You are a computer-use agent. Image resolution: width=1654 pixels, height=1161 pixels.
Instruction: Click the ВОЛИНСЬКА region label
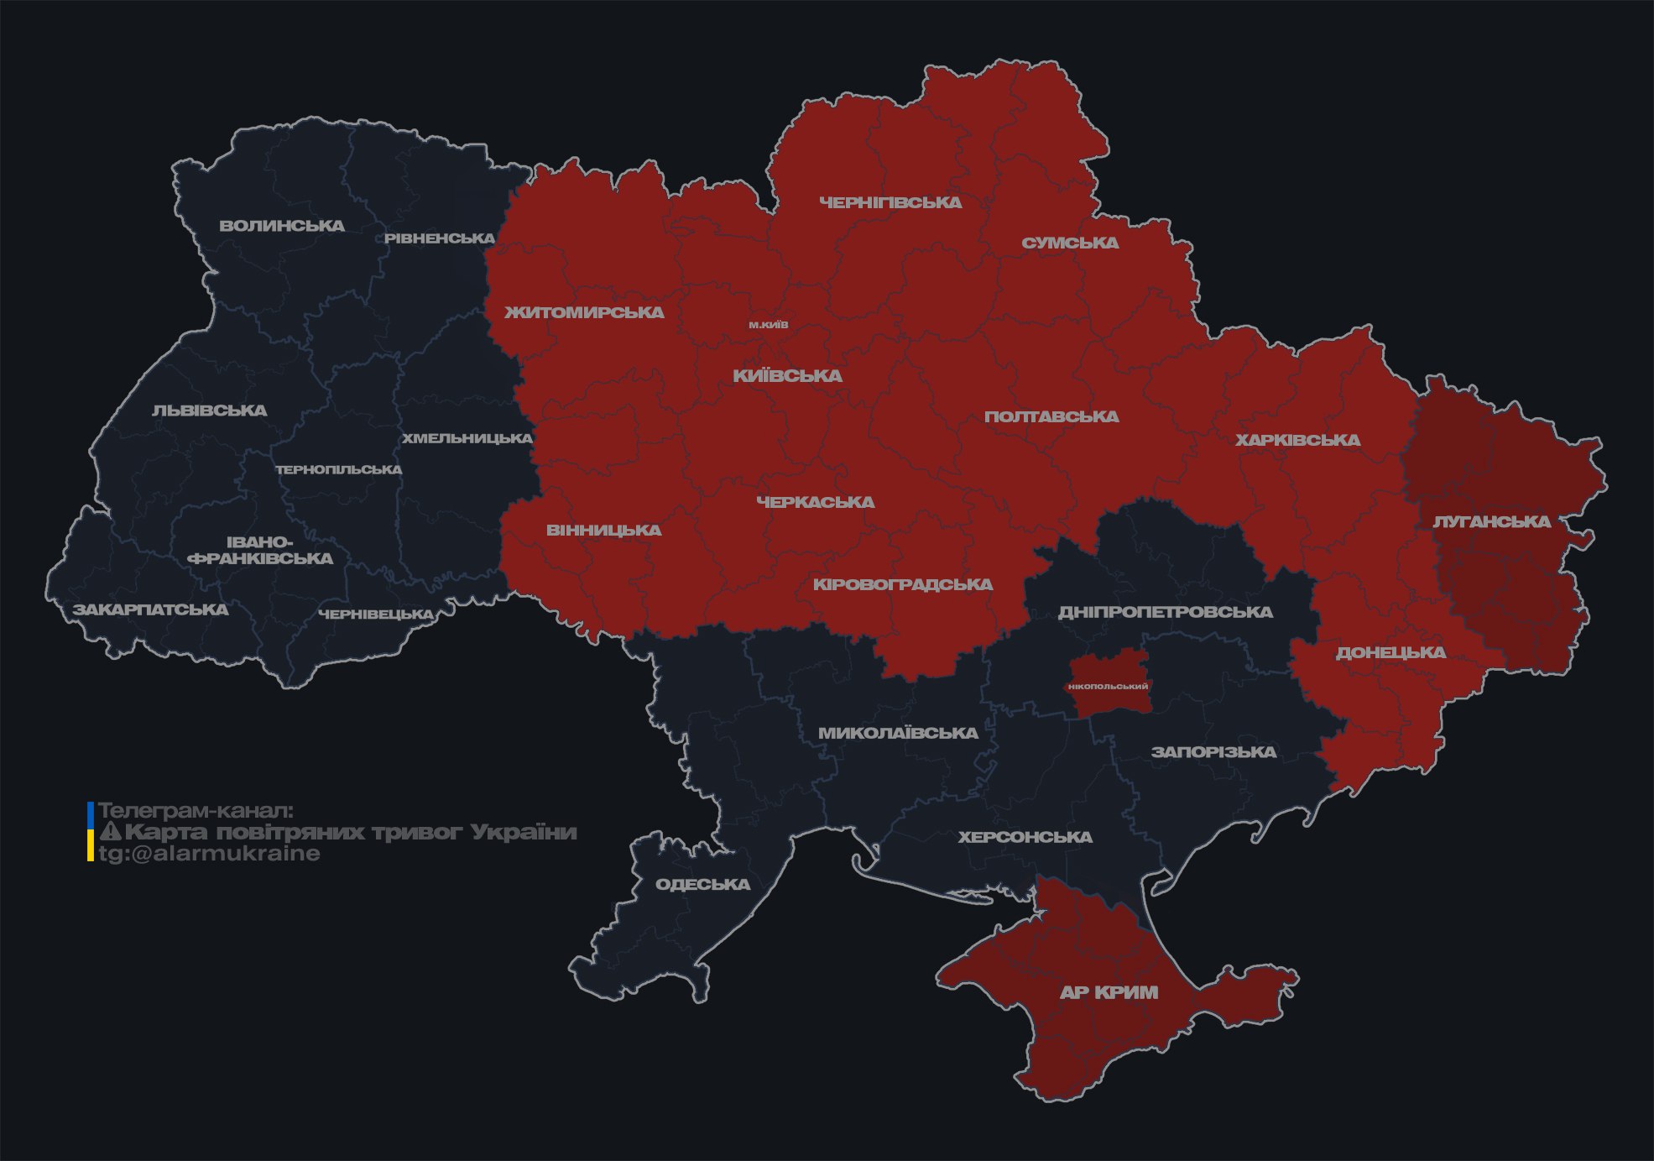point(282,226)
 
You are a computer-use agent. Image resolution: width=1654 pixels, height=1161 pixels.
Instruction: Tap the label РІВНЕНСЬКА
point(440,238)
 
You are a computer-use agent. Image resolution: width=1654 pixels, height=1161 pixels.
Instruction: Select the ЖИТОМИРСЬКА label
point(584,312)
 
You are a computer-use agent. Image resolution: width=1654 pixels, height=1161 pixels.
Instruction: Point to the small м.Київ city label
point(769,325)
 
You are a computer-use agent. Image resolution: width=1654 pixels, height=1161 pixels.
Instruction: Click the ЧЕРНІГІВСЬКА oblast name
point(890,202)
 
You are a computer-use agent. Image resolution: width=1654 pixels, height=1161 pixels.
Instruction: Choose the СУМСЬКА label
point(1070,243)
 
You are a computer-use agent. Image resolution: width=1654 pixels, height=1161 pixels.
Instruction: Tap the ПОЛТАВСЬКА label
point(1051,416)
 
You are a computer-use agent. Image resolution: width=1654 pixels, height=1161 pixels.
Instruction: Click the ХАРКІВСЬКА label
point(1297,440)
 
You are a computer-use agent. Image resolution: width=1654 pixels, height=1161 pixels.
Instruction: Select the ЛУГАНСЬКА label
point(1491,521)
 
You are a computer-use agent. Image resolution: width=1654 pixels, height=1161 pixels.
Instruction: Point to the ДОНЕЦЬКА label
point(1391,652)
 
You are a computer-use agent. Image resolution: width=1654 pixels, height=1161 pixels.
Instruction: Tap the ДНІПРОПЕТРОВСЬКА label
point(1165,612)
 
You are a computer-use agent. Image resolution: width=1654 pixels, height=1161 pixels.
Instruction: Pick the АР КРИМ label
point(1109,992)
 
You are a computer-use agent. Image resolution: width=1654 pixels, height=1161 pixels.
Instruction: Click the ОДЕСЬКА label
point(702,884)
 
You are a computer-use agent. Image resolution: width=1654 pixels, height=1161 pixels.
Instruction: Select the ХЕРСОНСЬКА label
point(1025,837)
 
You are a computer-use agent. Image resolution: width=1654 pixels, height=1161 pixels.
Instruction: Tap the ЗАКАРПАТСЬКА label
point(150,609)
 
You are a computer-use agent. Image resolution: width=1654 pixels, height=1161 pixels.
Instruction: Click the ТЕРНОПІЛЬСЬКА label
point(339,469)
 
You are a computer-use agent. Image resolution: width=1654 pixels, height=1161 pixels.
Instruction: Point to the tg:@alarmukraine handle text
point(209,854)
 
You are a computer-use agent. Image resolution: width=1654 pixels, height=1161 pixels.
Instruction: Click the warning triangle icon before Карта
point(110,832)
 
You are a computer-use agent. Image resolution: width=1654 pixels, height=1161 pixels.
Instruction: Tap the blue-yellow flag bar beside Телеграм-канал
point(91,832)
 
